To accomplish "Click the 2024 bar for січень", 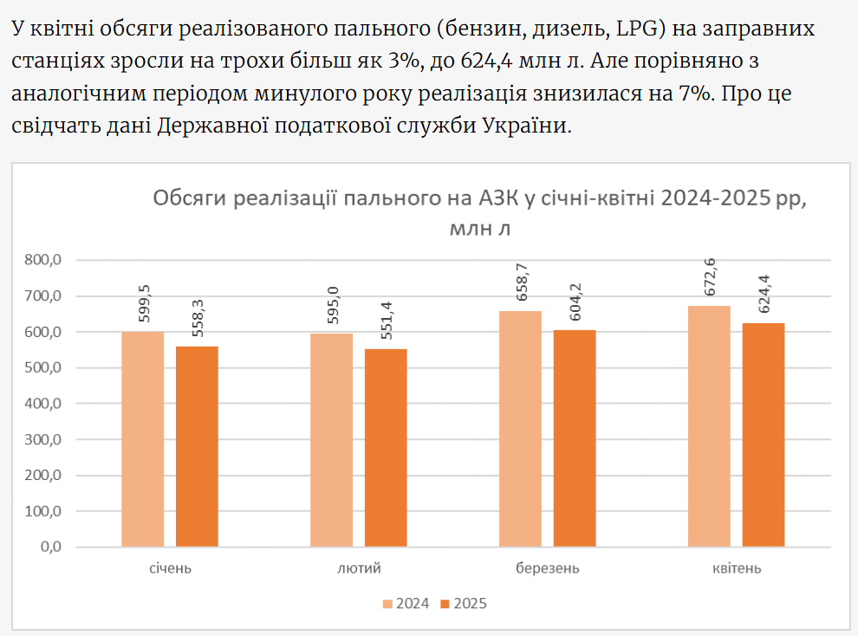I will [142, 439].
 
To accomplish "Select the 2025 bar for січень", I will [197, 446].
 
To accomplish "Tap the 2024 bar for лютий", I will [331, 440].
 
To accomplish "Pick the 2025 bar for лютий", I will [386, 448].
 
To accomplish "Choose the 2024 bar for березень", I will [520, 429].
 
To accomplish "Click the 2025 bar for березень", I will [575, 438].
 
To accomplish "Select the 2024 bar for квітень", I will [709, 426].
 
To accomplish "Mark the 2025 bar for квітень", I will [764, 435].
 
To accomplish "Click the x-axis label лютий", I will [358, 569].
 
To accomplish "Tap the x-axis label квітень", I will [737, 569].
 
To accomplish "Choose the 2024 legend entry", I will [405, 604].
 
